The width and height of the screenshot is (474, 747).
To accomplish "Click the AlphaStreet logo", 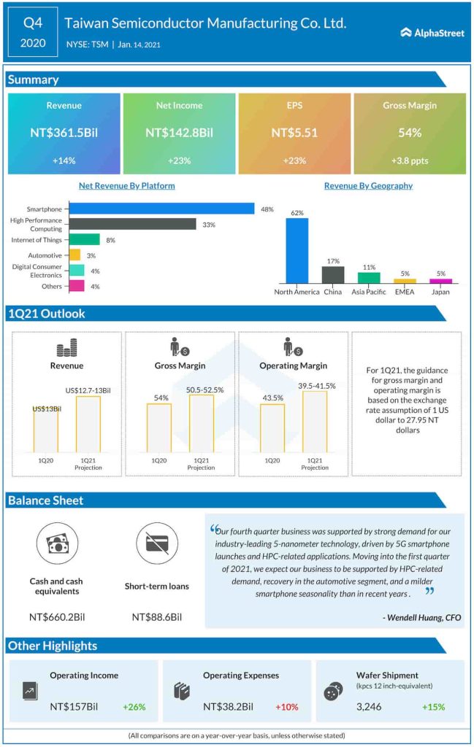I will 432,32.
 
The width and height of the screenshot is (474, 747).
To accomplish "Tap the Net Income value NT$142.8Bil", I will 179,133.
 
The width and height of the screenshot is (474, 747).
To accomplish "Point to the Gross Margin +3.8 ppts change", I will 410,160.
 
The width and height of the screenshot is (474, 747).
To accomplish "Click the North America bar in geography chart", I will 297,250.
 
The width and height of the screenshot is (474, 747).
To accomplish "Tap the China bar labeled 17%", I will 332,274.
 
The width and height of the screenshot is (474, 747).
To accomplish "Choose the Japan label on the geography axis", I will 440,292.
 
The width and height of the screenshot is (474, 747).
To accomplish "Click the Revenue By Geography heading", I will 368,186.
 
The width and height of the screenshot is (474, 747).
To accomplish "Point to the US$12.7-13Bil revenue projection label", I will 88,390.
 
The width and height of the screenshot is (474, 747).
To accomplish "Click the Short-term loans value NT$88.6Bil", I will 156,617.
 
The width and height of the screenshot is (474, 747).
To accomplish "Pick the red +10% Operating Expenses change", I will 286,707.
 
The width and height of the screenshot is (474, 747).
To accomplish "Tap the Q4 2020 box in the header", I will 34,33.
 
